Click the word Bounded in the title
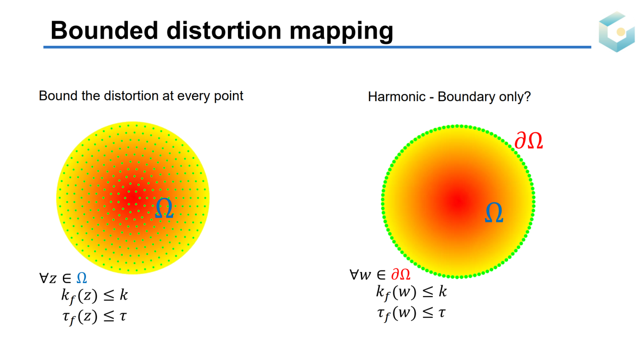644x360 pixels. point(104,30)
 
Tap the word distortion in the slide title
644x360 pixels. point(224,30)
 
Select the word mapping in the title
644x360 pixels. point(341,32)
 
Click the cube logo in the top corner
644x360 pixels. point(617,32)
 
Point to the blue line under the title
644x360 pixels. point(317,47)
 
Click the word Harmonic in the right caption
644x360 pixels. point(396,97)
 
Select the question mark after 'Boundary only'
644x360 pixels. point(527,96)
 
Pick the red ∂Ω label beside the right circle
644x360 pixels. point(528,140)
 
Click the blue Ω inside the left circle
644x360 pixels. point(164,208)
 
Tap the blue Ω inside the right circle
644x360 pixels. point(494,212)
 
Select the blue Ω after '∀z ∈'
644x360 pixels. point(82,278)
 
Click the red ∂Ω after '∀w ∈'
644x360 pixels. point(401,275)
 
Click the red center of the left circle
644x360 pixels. point(132,198)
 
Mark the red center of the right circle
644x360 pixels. point(458,202)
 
